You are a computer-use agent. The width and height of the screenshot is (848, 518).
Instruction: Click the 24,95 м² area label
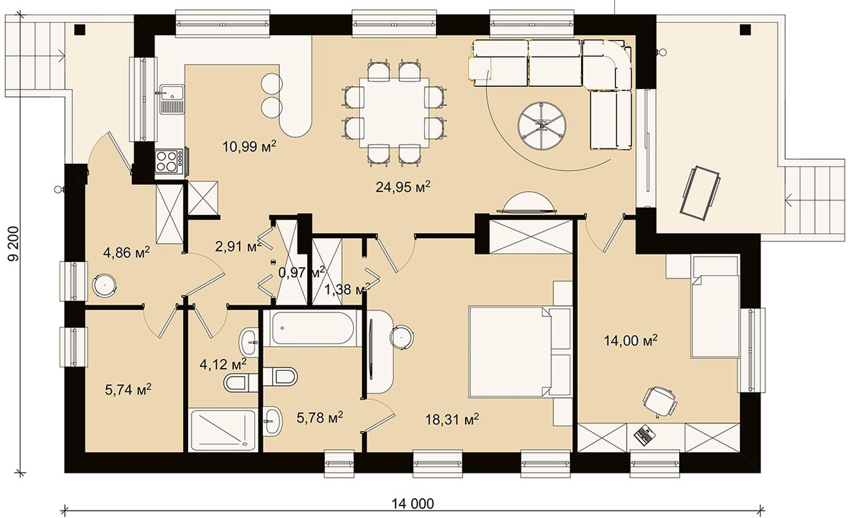[x=403, y=187]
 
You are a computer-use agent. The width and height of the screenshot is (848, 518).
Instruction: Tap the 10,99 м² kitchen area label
[x=249, y=146]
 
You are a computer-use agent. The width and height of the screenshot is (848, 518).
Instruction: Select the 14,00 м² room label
[x=630, y=341]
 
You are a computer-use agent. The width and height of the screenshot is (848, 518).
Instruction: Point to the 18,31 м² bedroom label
[x=452, y=419]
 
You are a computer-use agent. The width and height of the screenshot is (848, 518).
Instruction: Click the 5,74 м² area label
[x=129, y=389]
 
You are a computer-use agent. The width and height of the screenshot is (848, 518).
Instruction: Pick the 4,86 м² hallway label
[x=126, y=252]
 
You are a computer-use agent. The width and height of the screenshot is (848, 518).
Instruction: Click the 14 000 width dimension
[x=413, y=504]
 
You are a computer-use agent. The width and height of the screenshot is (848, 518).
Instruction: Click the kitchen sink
[x=172, y=100]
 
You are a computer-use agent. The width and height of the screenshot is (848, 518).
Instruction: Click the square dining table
[x=394, y=113]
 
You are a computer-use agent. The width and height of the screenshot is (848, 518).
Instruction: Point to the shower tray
[x=223, y=430]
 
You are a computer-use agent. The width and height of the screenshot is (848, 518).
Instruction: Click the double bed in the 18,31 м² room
[x=520, y=351]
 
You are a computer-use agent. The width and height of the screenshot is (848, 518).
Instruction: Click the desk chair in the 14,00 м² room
[x=660, y=401]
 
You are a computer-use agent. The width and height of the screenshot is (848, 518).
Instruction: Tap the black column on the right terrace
[x=746, y=30]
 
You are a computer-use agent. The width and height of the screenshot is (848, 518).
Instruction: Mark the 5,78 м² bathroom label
[x=320, y=417]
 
